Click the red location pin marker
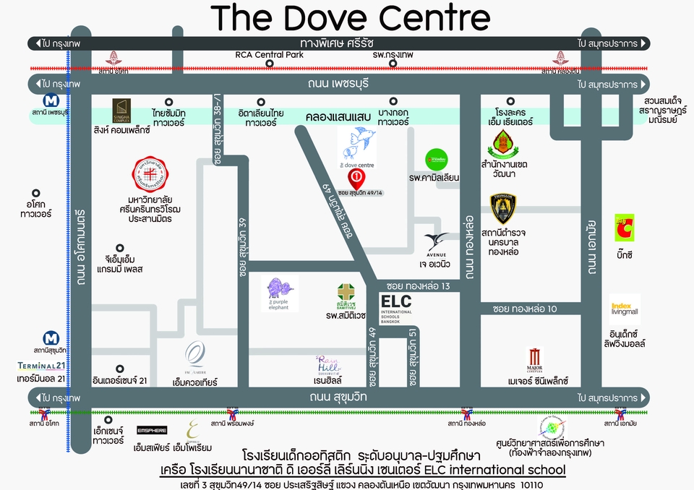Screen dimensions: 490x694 point(356,176)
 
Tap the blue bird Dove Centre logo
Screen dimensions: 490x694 point(357,142)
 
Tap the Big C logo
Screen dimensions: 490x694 point(624,228)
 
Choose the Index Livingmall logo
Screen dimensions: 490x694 point(623,309)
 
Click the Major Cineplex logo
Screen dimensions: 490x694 point(535,359)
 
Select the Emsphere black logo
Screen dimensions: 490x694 point(152,430)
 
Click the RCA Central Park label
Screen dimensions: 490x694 point(269,55)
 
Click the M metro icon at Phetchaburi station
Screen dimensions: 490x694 point(51,100)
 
